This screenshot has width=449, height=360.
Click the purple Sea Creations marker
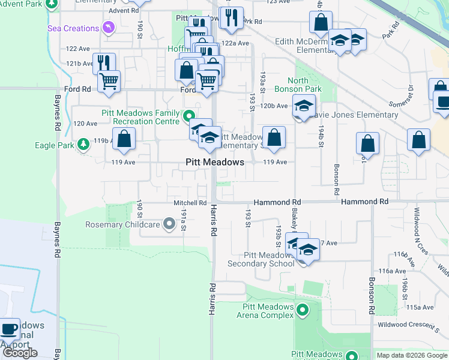pyautogui.click(x=107, y=27)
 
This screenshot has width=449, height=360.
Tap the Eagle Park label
pyautogui.click(x=53, y=145)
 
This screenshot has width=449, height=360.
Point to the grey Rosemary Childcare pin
pyautogui.click(x=169, y=224)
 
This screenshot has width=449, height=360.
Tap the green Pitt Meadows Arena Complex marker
pyautogui.click(x=303, y=310)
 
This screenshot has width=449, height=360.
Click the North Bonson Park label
pyautogui.click(x=305, y=85)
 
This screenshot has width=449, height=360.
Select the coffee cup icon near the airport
pyautogui.click(x=9, y=329)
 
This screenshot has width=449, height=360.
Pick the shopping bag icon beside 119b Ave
pyautogui.click(x=124, y=139)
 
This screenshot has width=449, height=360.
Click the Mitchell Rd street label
pyautogui.click(x=190, y=203)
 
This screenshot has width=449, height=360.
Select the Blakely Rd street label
pyautogui.click(x=295, y=220)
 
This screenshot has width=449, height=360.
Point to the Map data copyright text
pyautogui.click(x=412, y=355)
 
